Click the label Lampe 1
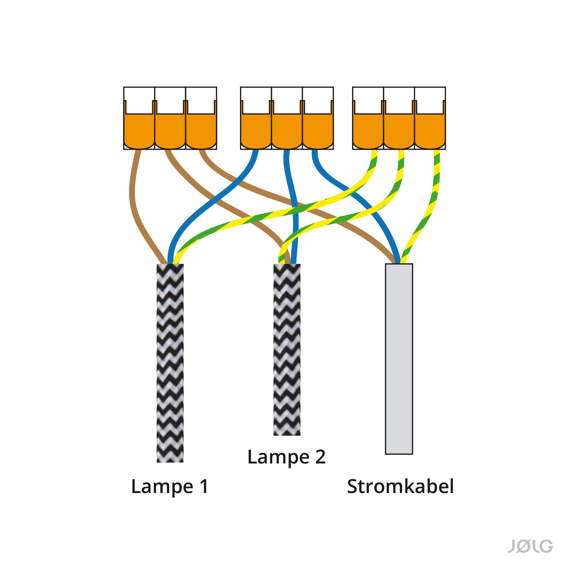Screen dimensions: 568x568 170,487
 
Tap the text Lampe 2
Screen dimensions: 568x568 286,457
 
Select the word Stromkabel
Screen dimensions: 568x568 400,487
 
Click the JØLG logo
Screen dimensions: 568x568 530,546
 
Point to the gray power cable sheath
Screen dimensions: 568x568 399,360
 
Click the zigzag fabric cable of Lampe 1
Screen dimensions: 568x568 170,364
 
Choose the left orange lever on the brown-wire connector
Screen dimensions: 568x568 139,131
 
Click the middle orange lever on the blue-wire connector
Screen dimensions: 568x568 287,131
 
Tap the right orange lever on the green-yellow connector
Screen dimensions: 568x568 430,131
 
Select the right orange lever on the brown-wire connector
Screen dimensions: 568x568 201,131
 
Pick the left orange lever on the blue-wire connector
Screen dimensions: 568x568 256,131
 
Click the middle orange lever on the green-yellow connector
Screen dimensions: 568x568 399,131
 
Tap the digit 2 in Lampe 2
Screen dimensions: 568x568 320,457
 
